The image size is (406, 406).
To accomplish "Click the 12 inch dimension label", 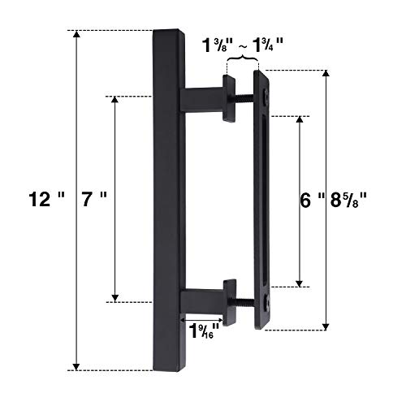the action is (x=47, y=200).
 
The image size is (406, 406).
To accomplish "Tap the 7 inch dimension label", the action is (x=94, y=200).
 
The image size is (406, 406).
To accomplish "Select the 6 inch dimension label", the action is (x=312, y=201).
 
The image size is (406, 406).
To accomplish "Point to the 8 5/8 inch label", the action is (x=348, y=201).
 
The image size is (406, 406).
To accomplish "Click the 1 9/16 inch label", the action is (x=204, y=331).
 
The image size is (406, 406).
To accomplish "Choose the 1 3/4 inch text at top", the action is (x=268, y=45).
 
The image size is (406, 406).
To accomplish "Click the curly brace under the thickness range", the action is (x=243, y=58).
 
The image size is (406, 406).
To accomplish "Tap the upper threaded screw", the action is (x=244, y=97).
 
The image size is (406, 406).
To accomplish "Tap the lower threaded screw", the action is (x=245, y=301).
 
